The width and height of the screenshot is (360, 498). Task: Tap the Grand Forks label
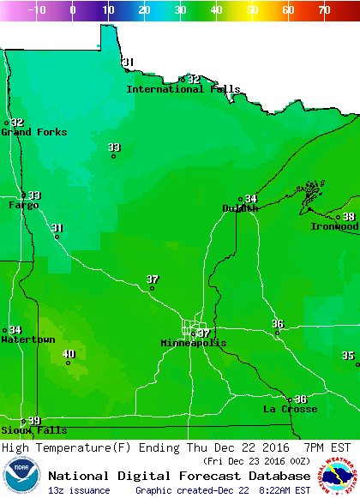click(x=28, y=132)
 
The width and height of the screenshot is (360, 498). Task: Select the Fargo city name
click(x=23, y=206)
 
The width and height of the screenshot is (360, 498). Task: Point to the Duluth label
click(x=240, y=208)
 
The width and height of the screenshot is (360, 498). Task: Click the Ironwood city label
click(x=334, y=227)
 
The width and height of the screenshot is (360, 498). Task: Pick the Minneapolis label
click(x=194, y=344)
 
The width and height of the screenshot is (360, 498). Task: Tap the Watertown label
click(x=28, y=340)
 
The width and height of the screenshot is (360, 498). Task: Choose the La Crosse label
click(x=290, y=410)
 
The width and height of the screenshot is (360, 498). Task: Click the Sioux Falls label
click(x=33, y=430)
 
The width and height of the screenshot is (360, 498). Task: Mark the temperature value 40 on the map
click(x=69, y=354)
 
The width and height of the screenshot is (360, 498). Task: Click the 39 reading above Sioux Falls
click(x=34, y=420)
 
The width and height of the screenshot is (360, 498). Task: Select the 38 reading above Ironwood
click(x=349, y=217)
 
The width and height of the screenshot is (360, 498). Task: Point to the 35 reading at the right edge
click(x=347, y=355)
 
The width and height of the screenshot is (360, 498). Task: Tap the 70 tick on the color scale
click(x=323, y=10)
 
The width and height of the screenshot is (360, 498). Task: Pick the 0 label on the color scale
click(x=72, y=10)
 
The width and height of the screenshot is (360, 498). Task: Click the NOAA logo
click(x=21, y=477)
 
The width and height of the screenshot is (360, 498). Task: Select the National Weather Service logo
click(x=339, y=477)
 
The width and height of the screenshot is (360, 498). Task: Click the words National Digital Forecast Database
click(x=179, y=476)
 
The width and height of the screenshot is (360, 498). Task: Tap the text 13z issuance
click(x=79, y=490)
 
